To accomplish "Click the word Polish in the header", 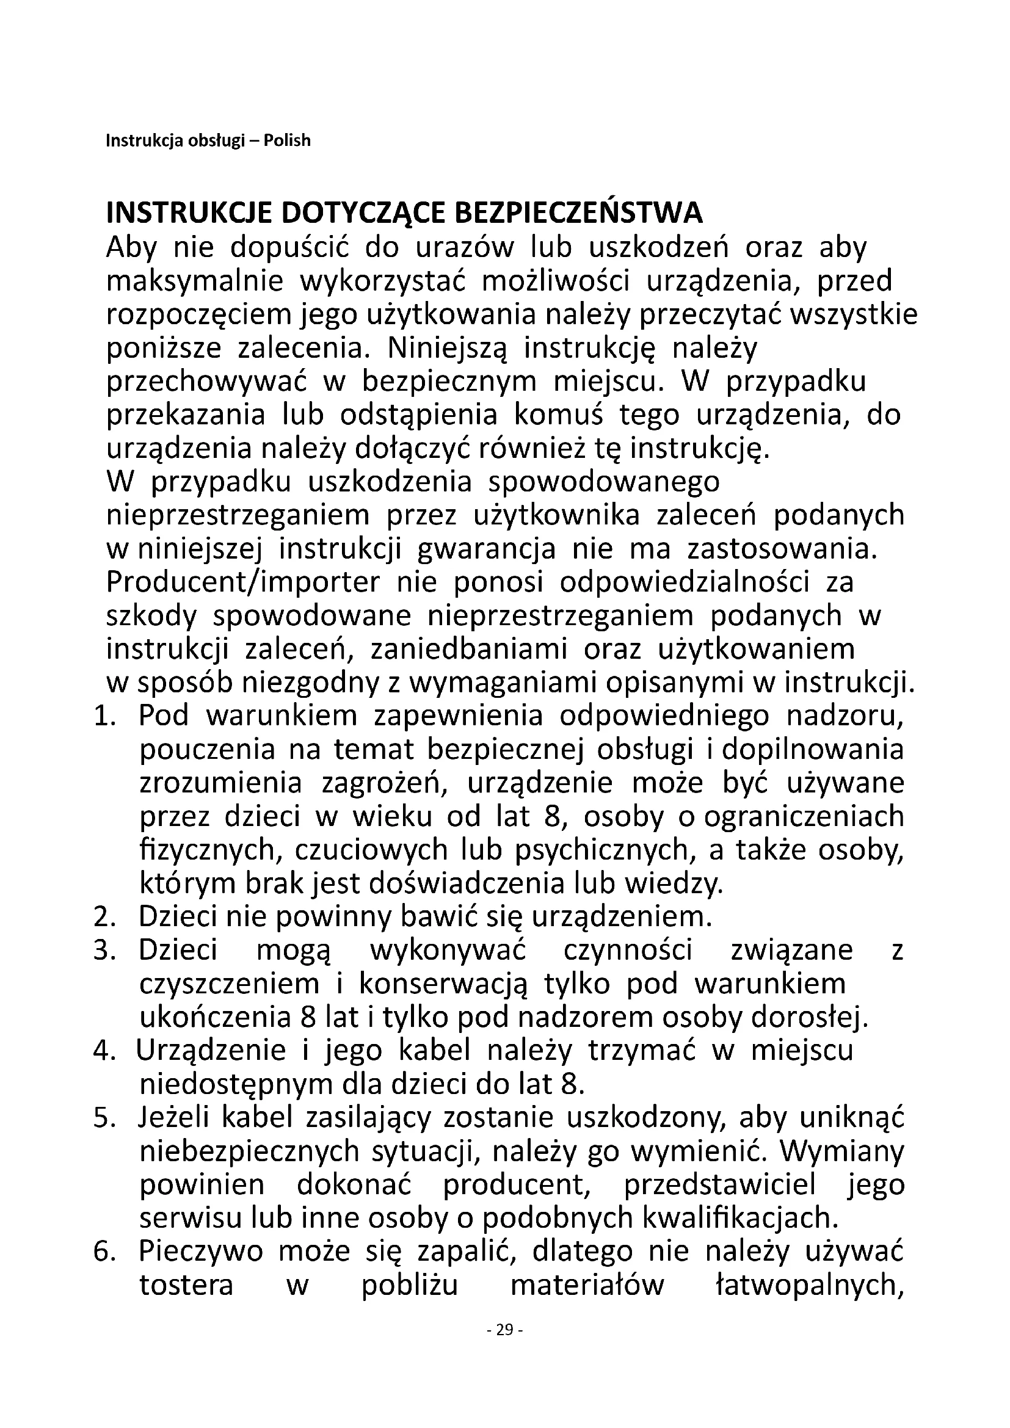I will pyautogui.click(x=287, y=140).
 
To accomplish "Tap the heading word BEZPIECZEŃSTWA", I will pyautogui.click(x=579, y=213).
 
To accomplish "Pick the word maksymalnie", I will pyautogui.click(x=195, y=281).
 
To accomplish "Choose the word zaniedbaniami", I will pyautogui.click(x=468, y=650).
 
